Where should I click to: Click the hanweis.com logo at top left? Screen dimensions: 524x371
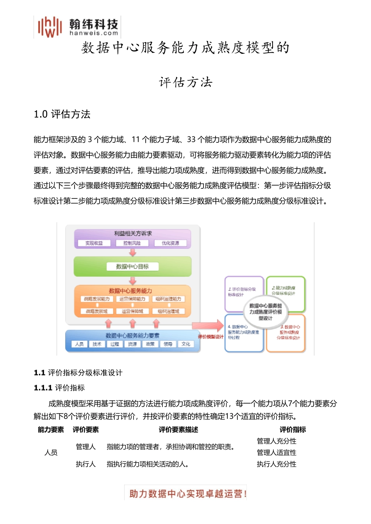click(77, 27)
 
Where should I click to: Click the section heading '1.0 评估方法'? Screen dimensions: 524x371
click(62, 114)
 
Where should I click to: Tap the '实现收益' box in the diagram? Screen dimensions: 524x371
click(94, 243)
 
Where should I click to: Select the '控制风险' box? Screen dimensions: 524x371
click(132, 243)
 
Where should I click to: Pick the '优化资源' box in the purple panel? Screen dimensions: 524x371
click(170, 243)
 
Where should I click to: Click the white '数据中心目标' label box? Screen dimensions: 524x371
click(132, 267)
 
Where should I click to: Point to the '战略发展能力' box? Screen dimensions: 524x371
click(96, 299)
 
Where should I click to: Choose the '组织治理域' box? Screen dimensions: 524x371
click(169, 312)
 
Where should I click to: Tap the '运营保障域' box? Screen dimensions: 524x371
click(132, 312)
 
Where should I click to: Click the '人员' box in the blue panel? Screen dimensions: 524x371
click(79, 344)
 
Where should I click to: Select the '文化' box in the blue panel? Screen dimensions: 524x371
click(186, 344)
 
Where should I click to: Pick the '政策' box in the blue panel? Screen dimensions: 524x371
click(150, 344)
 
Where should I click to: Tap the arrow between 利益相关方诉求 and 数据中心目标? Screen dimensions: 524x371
click(133, 253)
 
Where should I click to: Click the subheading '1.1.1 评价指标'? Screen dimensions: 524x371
click(59, 388)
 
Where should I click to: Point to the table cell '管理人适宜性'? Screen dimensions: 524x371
click(276, 453)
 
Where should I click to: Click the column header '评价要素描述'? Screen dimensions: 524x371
click(178, 430)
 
